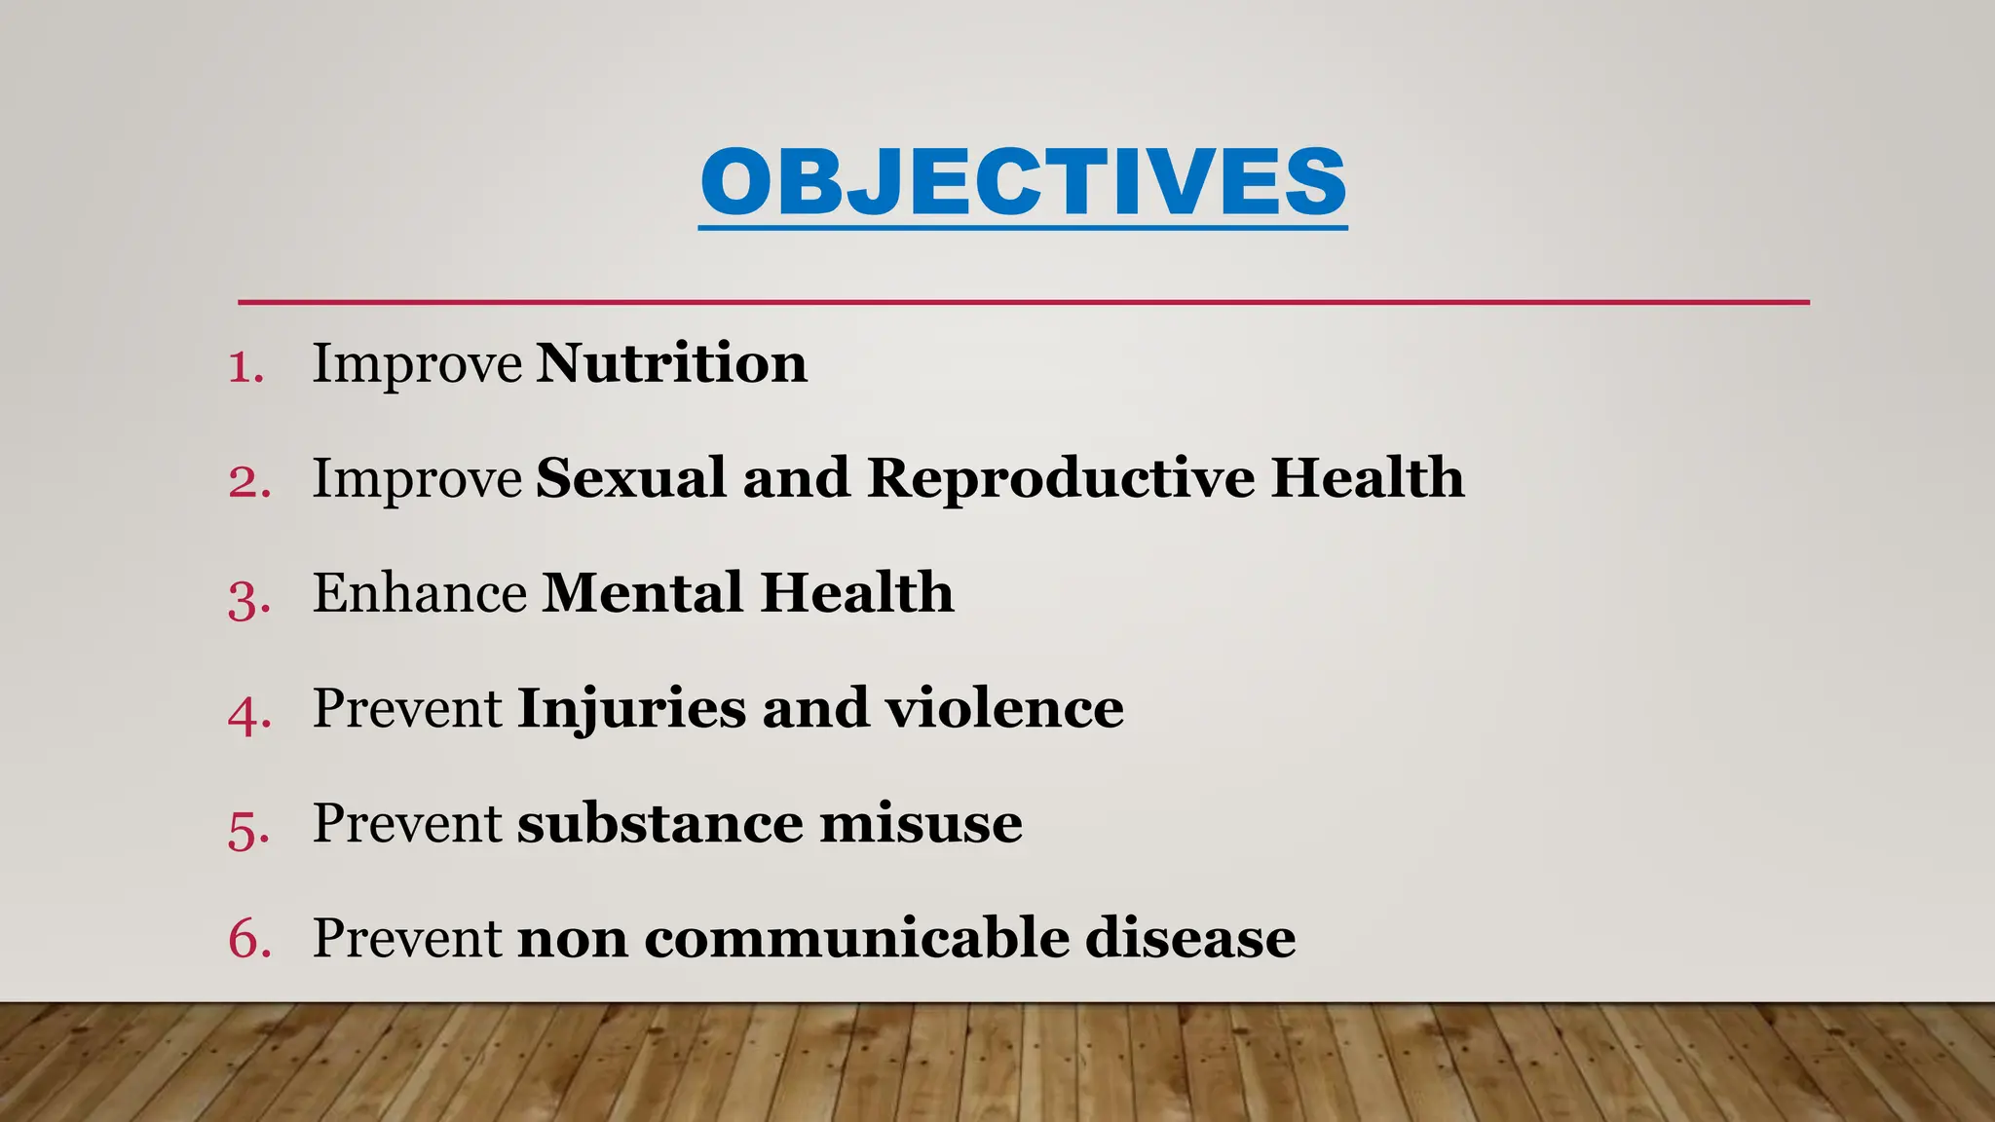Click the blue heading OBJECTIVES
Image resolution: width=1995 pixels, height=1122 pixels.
(x=1023, y=182)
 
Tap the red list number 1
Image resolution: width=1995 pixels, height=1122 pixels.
(x=245, y=367)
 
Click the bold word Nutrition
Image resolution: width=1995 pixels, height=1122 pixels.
(x=671, y=363)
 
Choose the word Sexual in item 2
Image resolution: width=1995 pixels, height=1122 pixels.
(x=630, y=478)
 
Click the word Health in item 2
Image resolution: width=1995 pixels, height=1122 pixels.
(x=1367, y=478)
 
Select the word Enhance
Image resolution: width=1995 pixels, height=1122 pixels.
(x=419, y=593)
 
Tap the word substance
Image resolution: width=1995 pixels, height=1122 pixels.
(x=659, y=824)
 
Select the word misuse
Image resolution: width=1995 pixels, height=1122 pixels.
(x=921, y=824)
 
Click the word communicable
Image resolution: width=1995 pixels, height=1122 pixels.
(x=856, y=939)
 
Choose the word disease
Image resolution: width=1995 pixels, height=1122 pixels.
(x=1189, y=939)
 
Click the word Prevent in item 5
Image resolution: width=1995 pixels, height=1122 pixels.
(x=407, y=824)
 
